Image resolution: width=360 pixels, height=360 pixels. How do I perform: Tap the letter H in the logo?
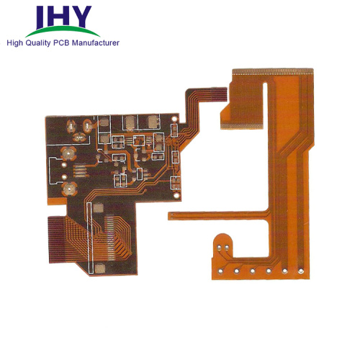[57, 16]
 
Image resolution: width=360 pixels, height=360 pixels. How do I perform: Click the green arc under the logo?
[63, 31]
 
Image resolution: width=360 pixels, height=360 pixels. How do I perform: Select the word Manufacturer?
[96, 43]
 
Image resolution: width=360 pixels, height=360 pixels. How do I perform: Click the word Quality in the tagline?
[38, 43]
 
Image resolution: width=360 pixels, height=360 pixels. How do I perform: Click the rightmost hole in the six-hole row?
[301, 271]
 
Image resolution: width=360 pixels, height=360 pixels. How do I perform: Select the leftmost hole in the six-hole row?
[220, 271]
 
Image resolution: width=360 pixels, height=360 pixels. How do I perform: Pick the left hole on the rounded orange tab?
[219, 247]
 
